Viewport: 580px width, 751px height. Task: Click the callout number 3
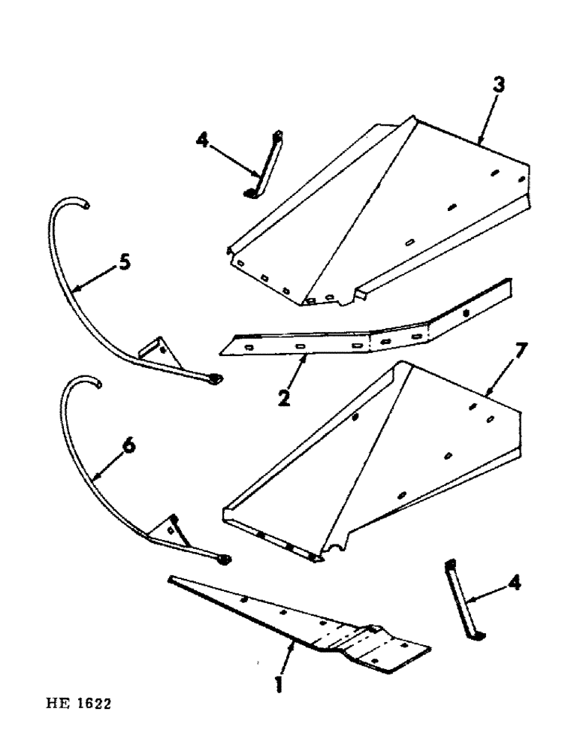coord(499,85)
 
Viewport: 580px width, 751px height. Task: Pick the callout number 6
coord(130,445)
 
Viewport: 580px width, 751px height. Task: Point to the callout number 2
coord(284,397)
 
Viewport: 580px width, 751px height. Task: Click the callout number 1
coord(279,686)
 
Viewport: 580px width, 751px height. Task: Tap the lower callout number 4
coord(517,583)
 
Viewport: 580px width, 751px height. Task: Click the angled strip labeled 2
coord(361,329)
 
